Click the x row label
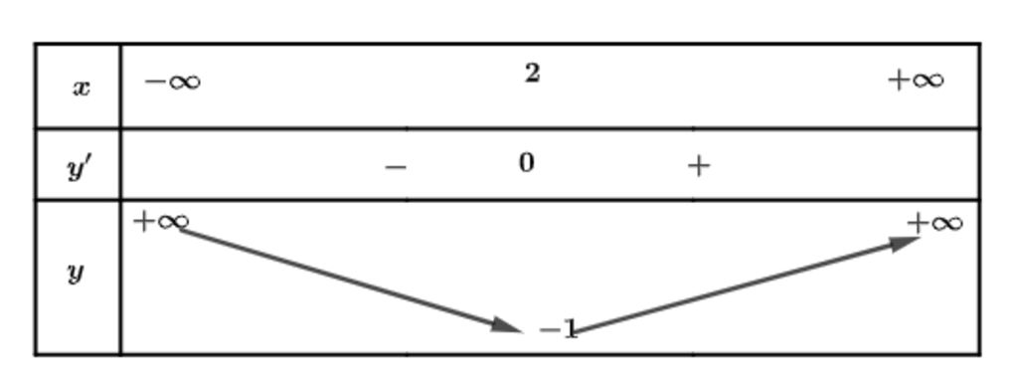[81, 88]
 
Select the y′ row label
[79, 167]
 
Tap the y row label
[76, 272]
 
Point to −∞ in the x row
[172, 82]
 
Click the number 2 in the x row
[533, 73]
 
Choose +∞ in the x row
[916, 80]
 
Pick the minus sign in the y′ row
[396, 167]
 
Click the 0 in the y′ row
[527, 162]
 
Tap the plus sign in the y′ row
[699, 166]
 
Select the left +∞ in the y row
[160, 221]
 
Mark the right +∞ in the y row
[934, 223]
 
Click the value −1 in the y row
[558, 329]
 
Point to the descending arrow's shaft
[338, 277]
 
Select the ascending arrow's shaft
[736, 285]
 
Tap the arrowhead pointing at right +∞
[906, 243]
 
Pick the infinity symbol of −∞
[183, 82]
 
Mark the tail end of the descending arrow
[183, 232]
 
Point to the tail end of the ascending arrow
[574, 331]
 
